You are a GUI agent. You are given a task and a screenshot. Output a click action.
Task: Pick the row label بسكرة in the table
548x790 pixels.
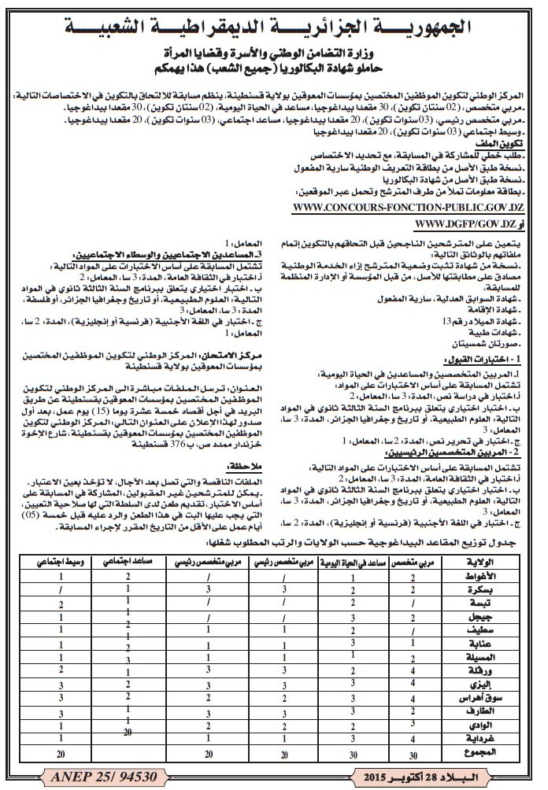pyautogui.click(x=508, y=586)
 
